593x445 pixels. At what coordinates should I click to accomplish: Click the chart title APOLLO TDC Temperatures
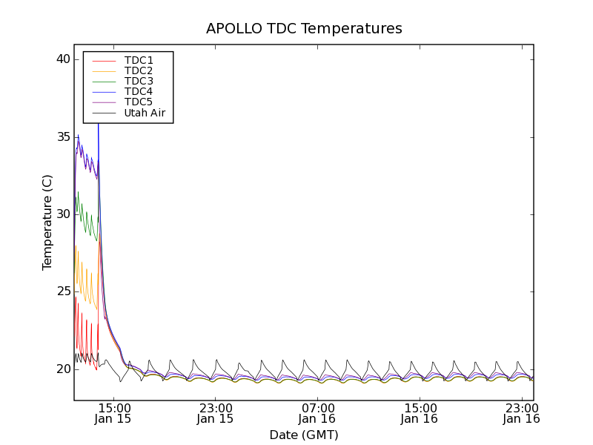point(304,29)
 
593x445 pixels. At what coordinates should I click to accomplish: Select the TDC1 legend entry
point(139,60)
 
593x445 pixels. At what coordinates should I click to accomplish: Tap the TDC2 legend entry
point(139,70)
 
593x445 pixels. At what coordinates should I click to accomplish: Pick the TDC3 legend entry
point(139,81)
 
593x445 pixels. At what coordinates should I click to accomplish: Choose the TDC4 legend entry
point(139,91)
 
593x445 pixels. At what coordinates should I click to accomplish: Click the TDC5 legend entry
point(139,102)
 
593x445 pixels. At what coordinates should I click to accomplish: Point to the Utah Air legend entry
point(145,113)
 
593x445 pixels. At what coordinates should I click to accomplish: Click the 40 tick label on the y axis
point(62,59)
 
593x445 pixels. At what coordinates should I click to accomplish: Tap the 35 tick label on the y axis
point(62,137)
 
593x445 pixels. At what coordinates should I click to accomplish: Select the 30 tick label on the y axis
point(62,214)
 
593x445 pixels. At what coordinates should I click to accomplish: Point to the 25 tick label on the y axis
point(62,291)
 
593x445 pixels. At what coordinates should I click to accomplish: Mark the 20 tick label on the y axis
point(62,369)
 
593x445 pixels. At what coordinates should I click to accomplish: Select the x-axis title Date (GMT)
point(304,435)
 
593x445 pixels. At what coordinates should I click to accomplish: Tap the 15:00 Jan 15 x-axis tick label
point(113,413)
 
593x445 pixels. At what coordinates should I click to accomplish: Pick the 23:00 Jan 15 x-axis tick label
point(215,413)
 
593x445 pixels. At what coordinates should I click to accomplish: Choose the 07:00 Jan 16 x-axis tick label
point(318,413)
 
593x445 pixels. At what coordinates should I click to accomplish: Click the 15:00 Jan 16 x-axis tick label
point(420,413)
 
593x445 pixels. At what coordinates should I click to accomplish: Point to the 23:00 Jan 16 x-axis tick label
point(522,413)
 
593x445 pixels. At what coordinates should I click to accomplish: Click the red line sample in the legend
point(104,60)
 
